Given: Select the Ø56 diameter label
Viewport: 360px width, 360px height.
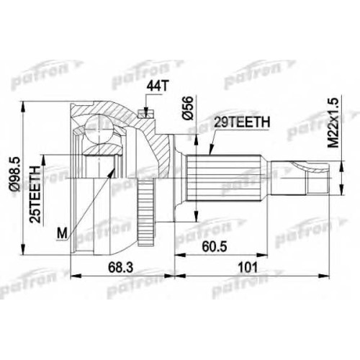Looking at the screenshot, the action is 187,108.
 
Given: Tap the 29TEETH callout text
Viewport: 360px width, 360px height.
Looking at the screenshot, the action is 242,122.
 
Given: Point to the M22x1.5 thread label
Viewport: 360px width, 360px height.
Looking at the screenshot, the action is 333,122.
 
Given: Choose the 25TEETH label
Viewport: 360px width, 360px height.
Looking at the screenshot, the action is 35,194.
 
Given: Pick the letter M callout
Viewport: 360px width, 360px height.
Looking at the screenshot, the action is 63,233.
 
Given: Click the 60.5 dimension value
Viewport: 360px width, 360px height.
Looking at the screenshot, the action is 215,247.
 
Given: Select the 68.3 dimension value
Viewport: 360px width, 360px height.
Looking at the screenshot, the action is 121,267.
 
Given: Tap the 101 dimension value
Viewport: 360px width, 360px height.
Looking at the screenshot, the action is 248,267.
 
